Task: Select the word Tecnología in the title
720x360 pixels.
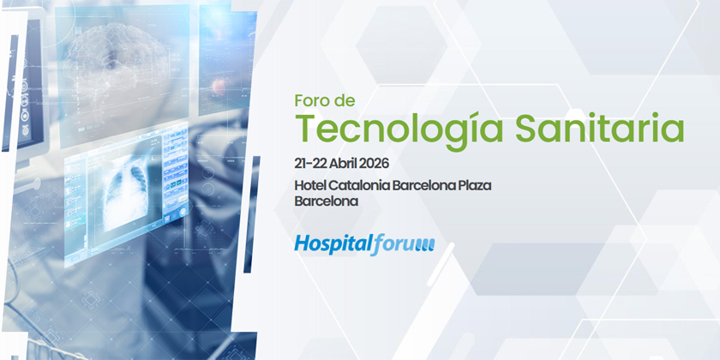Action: [399, 129]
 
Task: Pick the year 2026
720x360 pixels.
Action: [375, 163]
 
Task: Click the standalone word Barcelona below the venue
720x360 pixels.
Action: [327, 201]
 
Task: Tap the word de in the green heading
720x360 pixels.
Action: [345, 100]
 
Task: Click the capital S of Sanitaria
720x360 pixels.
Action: [526, 127]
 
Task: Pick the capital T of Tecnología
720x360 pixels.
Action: [308, 127]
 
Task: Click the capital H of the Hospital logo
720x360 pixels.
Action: [302, 243]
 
